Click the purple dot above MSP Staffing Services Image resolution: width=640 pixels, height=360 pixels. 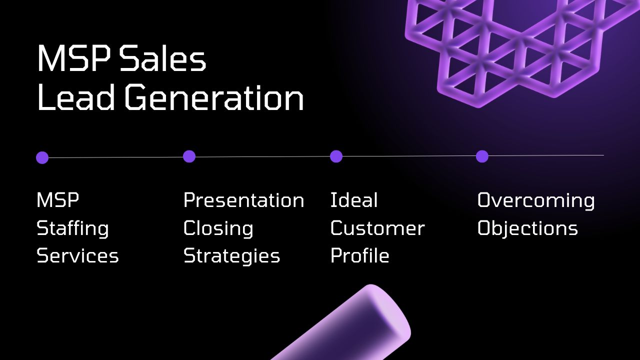coord(42,158)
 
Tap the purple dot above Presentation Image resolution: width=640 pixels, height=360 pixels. coord(189,156)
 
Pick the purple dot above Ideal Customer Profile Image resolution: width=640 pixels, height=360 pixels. coord(336,156)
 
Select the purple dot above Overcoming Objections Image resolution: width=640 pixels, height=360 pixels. coord(482,156)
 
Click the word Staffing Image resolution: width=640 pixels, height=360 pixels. coord(72,229)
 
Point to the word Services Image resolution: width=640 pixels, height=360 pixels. coord(77,255)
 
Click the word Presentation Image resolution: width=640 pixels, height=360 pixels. coord(243,200)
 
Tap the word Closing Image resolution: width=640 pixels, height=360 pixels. coord(218,228)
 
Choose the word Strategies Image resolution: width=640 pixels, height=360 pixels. coord(231,256)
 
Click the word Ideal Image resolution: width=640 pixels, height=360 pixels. coord(354,200)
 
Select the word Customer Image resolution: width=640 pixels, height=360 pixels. coord(377,228)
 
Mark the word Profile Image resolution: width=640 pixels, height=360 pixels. coord(359,255)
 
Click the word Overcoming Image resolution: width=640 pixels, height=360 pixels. coord(536,200)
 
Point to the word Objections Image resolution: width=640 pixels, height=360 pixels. coord(527,228)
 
